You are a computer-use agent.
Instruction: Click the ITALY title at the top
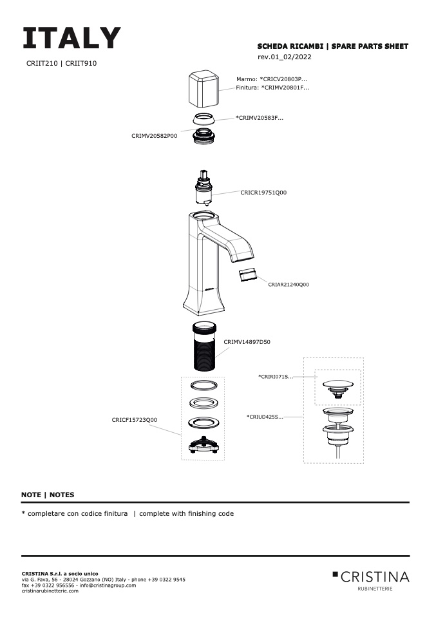(71, 38)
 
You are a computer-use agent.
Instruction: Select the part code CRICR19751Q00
(263, 193)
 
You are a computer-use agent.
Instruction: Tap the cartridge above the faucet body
(204, 187)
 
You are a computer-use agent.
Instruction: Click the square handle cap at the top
(204, 89)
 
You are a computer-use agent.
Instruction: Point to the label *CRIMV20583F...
(260, 118)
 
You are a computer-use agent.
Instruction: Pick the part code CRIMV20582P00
(155, 136)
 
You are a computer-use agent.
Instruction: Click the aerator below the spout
(248, 274)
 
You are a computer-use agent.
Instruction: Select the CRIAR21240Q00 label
(289, 285)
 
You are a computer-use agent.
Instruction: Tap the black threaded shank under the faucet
(205, 346)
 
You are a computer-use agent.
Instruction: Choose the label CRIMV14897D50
(247, 342)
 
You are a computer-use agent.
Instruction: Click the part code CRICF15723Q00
(134, 420)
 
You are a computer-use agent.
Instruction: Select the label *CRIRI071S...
(276, 377)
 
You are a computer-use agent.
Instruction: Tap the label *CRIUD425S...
(265, 417)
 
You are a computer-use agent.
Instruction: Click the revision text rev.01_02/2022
(285, 57)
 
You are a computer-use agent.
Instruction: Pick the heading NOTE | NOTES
(48, 495)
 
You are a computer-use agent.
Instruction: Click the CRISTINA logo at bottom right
(371, 580)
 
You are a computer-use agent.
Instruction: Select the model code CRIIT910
(81, 63)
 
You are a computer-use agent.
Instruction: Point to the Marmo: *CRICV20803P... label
(272, 79)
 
